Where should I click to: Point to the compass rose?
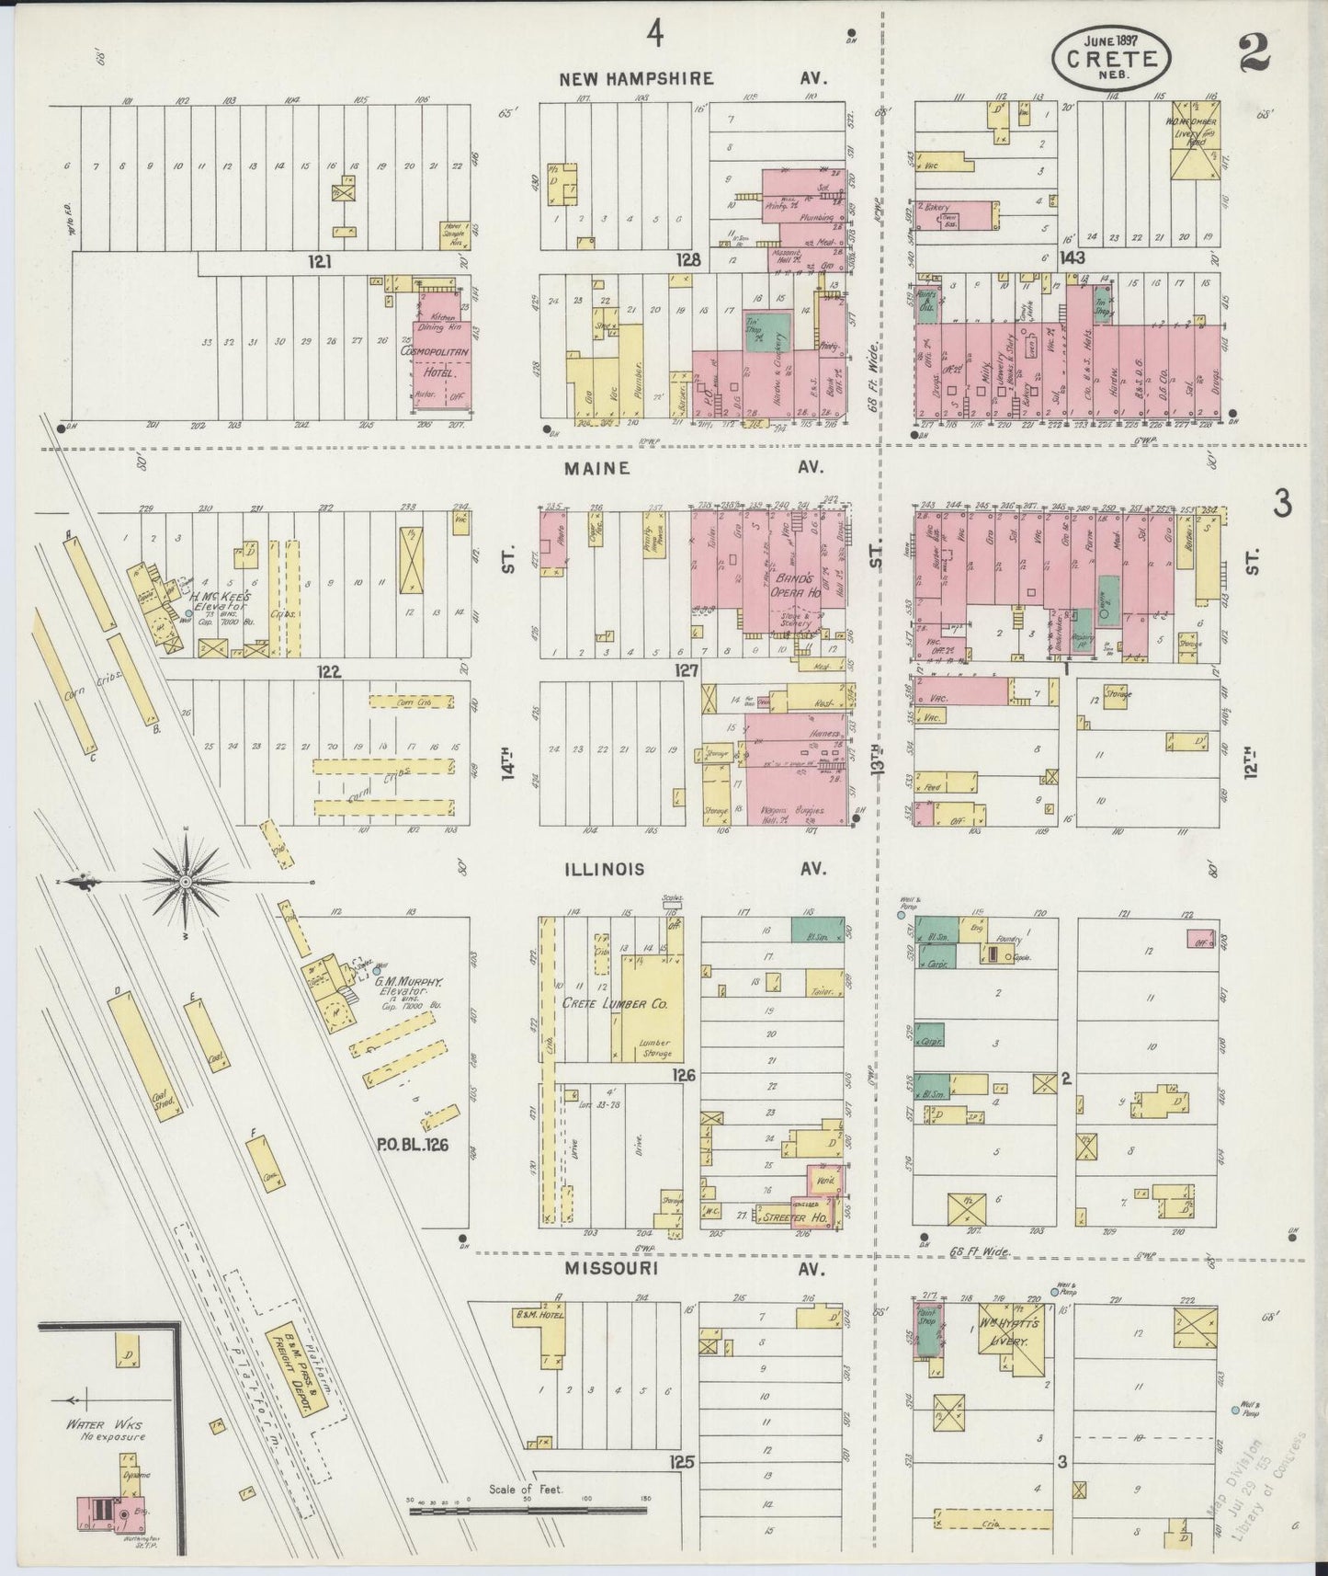coord(186,882)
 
